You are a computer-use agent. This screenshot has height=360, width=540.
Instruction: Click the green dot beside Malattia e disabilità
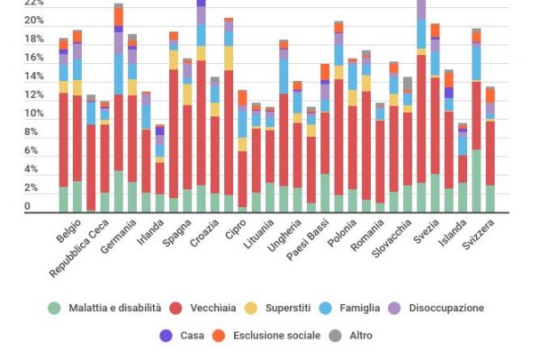coord(55,308)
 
